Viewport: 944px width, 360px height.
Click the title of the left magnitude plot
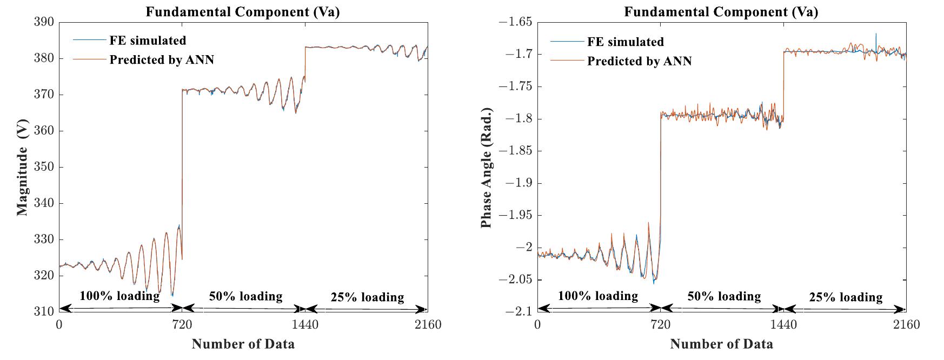pyautogui.click(x=243, y=12)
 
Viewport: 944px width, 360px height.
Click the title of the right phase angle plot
pyautogui.click(x=721, y=12)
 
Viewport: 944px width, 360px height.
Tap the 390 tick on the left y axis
pyautogui.click(x=44, y=22)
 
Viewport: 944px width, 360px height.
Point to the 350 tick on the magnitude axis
pyautogui.click(x=44, y=167)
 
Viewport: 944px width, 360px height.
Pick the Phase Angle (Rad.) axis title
pyautogui.click(x=486, y=168)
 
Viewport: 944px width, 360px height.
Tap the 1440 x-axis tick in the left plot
pyautogui.click(x=305, y=325)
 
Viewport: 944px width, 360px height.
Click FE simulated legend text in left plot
pyautogui.click(x=148, y=41)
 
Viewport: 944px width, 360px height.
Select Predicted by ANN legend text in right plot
pyautogui.click(x=639, y=61)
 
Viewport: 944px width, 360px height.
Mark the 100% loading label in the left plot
pyautogui.click(x=119, y=296)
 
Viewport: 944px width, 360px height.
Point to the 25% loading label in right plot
pyautogui.click(x=846, y=297)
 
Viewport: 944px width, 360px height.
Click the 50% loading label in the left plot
pyautogui.click(x=245, y=296)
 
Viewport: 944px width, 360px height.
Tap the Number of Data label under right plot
pyautogui.click(x=721, y=344)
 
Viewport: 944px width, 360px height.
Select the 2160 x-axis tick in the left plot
pyautogui.click(x=427, y=325)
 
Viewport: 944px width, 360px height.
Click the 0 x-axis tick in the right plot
pyautogui.click(x=537, y=325)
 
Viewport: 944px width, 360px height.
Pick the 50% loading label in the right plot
pyautogui.click(x=724, y=296)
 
